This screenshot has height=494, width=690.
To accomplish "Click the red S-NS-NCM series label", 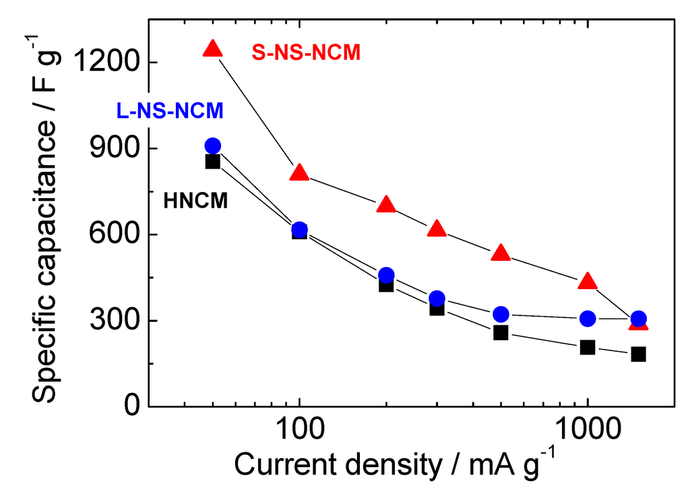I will click(306, 52).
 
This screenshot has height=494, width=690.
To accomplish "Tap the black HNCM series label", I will click(195, 200).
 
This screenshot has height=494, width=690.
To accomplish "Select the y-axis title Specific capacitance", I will click(47, 222).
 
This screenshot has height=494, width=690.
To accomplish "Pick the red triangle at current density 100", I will click(299, 173).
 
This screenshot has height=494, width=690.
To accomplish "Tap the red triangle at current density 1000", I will click(588, 280).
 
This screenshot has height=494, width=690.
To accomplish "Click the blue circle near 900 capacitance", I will click(213, 146).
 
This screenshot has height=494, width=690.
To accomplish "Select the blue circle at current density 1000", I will click(588, 319).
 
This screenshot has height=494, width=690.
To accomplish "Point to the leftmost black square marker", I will click(213, 162).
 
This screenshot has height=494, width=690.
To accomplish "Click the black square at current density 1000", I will click(588, 348).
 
